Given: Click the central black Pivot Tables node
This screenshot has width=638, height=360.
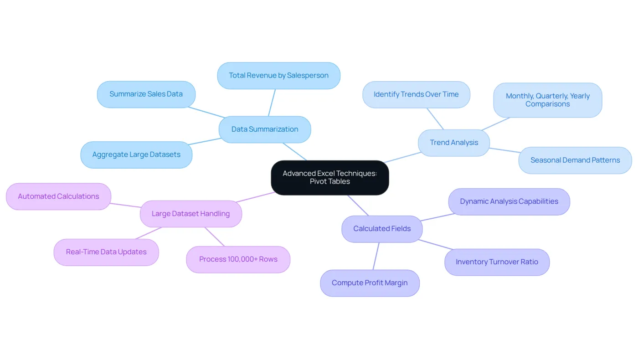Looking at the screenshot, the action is click(x=330, y=178).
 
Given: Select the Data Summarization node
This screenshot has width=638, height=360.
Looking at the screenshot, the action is click(x=265, y=129).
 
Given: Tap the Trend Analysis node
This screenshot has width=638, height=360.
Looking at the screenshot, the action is click(x=454, y=143).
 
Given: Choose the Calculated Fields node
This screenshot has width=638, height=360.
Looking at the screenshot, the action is click(x=382, y=229).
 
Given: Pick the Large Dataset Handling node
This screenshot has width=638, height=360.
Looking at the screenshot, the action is click(x=191, y=214).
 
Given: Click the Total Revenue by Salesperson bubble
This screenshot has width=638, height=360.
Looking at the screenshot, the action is click(x=278, y=76).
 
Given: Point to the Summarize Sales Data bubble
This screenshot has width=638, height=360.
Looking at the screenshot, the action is click(x=146, y=94).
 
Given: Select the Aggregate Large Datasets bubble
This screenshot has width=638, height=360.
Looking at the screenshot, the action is click(x=136, y=154).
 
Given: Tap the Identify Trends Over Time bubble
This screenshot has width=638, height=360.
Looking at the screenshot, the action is click(x=416, y=95).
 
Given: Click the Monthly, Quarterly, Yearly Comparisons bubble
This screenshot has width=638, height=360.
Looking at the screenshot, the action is click(x=548, y=100).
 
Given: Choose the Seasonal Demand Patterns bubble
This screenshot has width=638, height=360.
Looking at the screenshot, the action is click(x=575, y=160).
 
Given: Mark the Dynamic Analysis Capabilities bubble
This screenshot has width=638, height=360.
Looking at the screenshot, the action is click(x=509, y=201).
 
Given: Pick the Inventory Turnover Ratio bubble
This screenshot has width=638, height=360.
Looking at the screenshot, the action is click(x=497, y=262).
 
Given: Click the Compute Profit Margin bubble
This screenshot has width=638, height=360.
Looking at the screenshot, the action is click(x=370, y=283).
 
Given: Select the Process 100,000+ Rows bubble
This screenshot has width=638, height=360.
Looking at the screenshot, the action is click(x=238, y=259).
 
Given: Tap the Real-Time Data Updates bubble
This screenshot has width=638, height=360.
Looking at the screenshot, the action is click(x=106, y=252).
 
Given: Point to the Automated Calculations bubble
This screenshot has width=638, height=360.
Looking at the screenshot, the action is click(x=58, y=196).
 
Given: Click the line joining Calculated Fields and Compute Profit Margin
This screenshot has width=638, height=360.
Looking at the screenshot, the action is click(x=376, y=256).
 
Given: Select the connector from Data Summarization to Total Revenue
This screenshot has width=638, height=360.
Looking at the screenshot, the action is click(x=272, y=103).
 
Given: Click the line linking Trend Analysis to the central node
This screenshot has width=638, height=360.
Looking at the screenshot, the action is click(x=402, y=157).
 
